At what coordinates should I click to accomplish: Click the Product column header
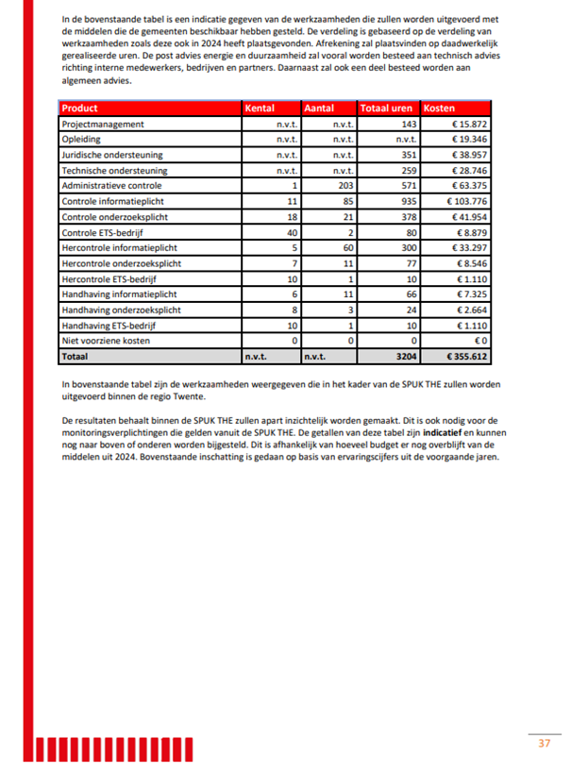[79, 109]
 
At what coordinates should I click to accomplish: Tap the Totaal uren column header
[388, 109]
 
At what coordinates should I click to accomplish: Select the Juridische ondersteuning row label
[111, 155]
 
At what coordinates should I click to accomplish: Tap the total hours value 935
[408, 201]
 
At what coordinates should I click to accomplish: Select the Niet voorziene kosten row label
[106, 340]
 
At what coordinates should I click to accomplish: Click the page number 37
[544, 744]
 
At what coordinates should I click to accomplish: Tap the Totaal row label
[75, 356]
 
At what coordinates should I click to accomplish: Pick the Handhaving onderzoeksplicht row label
[115, 309]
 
